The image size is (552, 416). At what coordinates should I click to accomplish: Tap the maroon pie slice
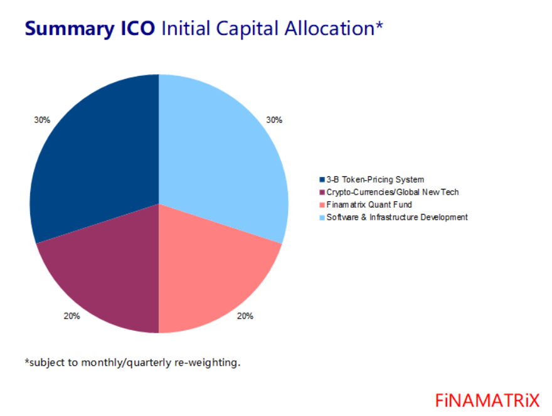[103, 270]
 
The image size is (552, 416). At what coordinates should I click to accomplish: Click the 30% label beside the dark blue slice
[42, 119]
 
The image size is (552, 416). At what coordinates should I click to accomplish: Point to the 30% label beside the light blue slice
[274, 119]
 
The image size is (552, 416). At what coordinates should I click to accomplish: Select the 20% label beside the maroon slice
[72, 316]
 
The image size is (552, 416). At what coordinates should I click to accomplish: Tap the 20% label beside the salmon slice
[245, 316]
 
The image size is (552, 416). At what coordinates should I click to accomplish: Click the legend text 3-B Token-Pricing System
[375, 180]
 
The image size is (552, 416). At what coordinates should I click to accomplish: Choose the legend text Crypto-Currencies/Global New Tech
[393, 193]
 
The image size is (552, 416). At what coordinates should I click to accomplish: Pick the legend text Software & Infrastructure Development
[397, 217]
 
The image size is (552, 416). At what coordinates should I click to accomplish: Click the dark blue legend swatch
[322, 180]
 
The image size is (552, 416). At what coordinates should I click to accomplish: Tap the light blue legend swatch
[322, 217]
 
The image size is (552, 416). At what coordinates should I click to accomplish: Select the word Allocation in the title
[335, 28]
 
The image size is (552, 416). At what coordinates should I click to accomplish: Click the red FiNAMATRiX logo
[487, 400]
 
